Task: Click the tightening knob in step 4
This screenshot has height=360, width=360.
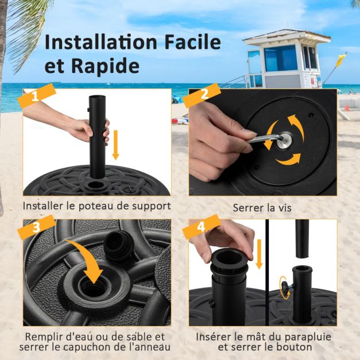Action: pyautogui.click(x=283, y=285)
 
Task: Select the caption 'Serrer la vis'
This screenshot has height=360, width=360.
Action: pyautogui.click(x=262, y=207)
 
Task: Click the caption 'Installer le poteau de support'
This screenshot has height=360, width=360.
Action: pyautogui.click(x=96, y=206)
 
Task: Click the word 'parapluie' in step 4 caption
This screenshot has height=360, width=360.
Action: pyautogui.click(x=299, y=336)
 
